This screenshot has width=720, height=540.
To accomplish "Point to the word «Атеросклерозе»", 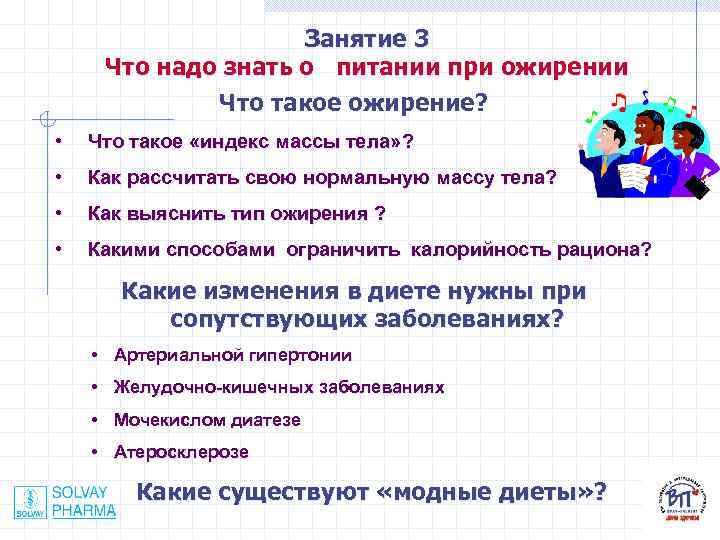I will click(x=182, y=452).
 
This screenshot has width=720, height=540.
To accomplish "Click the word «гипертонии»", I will click(x=299, y=355).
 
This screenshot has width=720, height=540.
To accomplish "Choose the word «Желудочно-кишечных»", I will click(x=196, y=387).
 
